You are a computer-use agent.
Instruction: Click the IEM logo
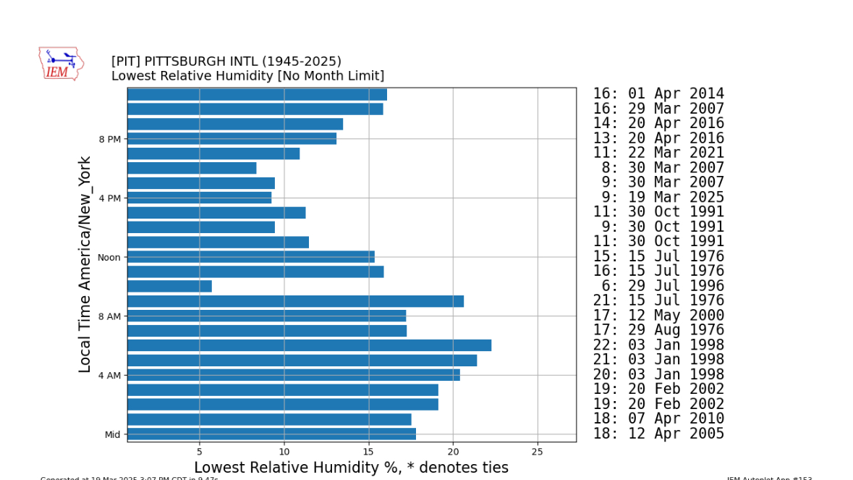click(61, 64)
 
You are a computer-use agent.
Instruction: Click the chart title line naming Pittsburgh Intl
click(226, 62)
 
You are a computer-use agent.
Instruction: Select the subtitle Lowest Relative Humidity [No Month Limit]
click(247, 76)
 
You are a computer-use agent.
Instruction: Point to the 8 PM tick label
click(109, 139)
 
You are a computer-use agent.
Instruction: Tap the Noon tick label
click(109, 257)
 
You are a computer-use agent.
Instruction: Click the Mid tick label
click(112, 434)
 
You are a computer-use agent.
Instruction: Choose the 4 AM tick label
click(109, 375)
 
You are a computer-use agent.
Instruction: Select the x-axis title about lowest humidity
click(351, 468)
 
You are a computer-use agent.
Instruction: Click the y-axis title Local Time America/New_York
click(85, 264)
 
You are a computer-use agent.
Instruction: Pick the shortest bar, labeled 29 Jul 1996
click(169, 287)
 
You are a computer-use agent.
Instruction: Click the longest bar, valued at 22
click(309, 345)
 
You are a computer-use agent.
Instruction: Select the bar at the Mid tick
click(271, 434)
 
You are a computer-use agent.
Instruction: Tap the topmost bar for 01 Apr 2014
click(257, 95)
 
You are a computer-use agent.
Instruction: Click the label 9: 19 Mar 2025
click(658, 198)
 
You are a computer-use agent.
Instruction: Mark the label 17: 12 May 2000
click(658, 316)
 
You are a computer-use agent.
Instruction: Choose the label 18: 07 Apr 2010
click(658, 419)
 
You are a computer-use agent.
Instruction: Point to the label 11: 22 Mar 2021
click(658, 153)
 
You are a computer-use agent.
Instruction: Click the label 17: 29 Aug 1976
click(658, 330)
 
